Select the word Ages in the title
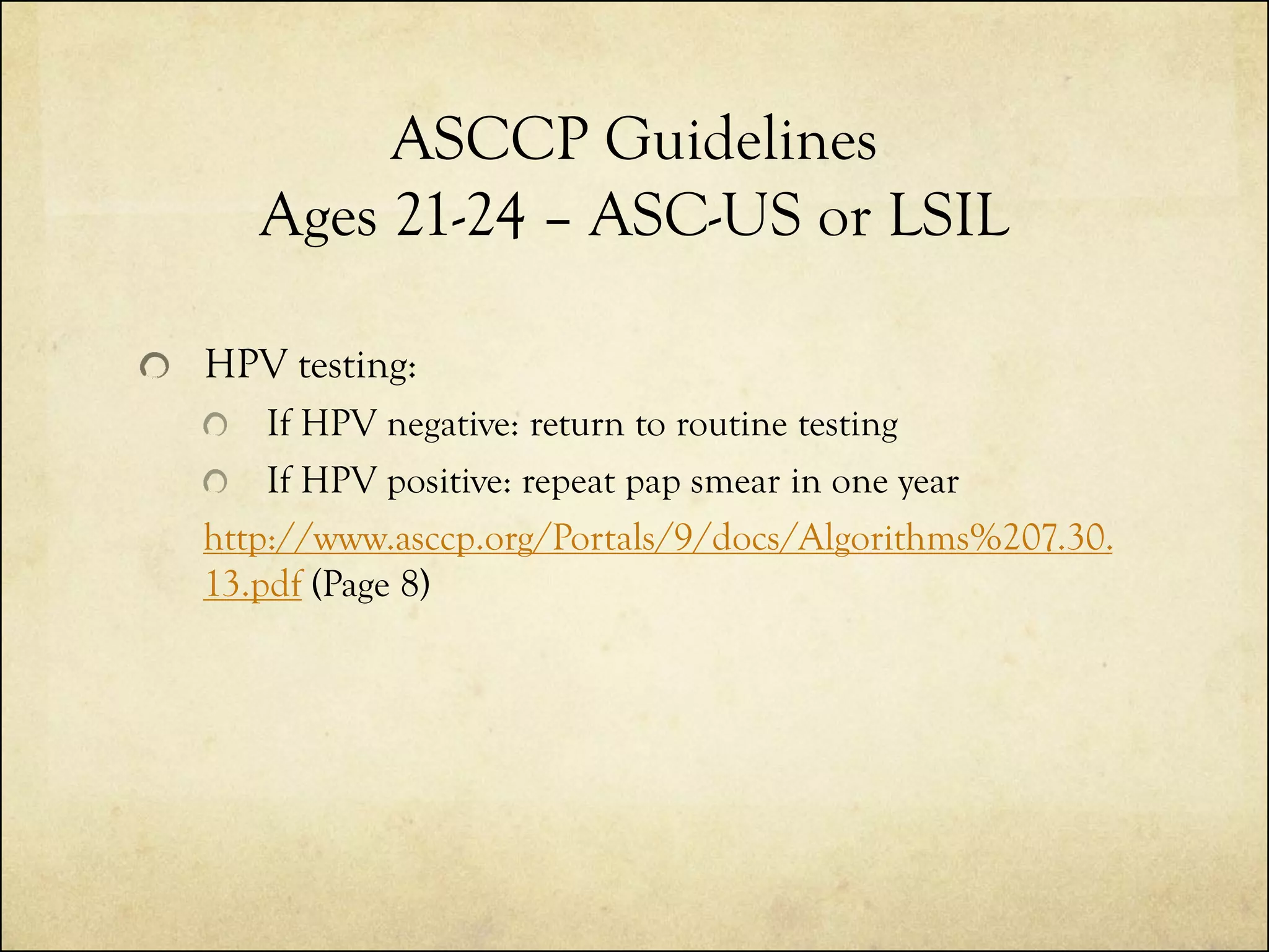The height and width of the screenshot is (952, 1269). [318, 218]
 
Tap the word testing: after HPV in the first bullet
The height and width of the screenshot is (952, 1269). [357, 366]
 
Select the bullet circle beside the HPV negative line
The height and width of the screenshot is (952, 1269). [215, 426]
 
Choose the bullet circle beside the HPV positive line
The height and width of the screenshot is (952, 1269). [215, 482]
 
